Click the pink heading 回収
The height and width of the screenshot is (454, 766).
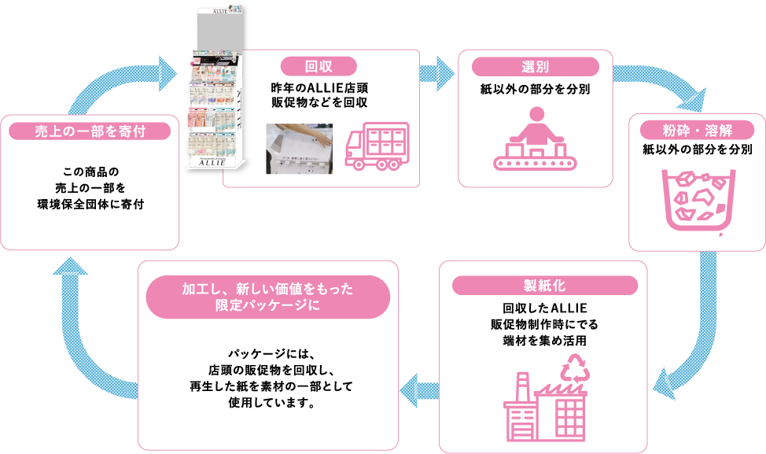click(319, 66)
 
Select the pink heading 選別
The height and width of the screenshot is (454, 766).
click(534, 68)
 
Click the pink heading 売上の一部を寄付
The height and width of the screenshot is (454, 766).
click(91, 131)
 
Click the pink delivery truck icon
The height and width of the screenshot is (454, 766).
click(377, 146)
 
